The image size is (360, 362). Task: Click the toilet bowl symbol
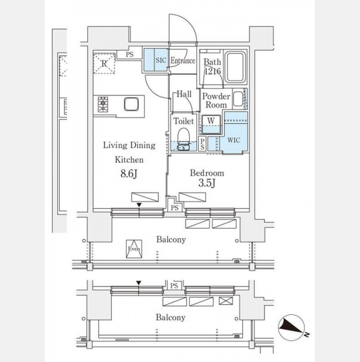pos(184,136)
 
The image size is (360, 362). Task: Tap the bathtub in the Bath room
pos(235,67)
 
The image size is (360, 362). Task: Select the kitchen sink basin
pos(132,104)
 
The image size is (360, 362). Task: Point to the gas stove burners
pos(103,104)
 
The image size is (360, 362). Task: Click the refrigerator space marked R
pos(104,63)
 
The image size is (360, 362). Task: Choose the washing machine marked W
pos(211,124)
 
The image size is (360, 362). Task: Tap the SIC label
pos(161,60)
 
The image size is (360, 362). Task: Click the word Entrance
pos(183,61)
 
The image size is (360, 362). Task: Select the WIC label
pos(234,140)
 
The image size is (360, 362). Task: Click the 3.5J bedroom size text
pos(207,183)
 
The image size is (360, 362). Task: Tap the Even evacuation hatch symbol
pos(134,249)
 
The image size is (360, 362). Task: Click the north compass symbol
pos(292,328)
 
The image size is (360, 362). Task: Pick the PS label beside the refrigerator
pos(130,54)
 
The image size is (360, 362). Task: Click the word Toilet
pos(184,121)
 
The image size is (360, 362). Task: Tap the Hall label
pos(184,94)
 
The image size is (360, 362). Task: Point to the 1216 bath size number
pos(213,71)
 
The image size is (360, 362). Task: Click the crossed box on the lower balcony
pos(226,300)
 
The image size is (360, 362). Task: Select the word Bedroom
pos(207,173)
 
